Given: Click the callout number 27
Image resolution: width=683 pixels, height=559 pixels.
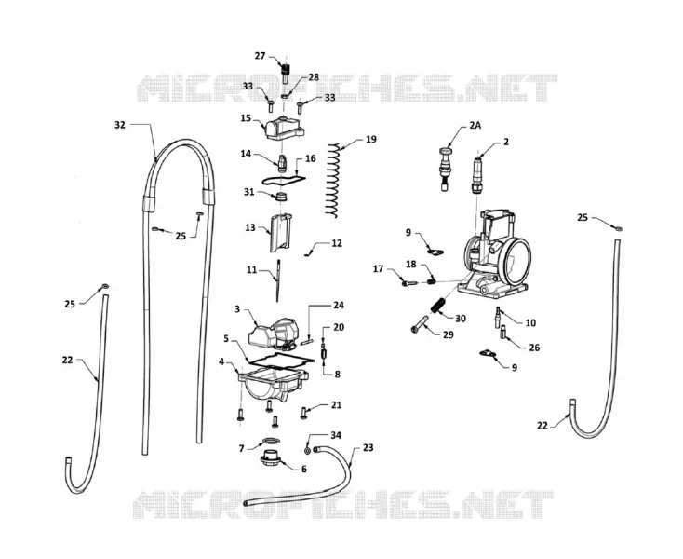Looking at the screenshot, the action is [260, 56].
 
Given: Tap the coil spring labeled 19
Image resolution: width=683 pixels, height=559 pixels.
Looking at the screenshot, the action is [333, 180].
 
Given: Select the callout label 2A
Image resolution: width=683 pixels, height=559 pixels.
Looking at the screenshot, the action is [475, 126].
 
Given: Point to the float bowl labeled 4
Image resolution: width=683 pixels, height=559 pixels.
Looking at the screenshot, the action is [273, 384].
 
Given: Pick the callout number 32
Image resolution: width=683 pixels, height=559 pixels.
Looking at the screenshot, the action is [120, 125].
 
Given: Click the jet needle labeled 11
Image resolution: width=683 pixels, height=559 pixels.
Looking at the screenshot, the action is [277, 280].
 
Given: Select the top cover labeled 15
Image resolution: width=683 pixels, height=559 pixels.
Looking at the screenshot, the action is [283, 128].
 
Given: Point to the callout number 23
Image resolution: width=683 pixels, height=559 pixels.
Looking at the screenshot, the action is [368, 448].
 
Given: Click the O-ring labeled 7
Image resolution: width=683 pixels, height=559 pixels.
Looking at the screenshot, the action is [271, 440].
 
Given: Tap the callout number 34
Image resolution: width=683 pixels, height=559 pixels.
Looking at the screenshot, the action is [336, 435].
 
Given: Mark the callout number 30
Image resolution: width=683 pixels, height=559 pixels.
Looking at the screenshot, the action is [461, 319].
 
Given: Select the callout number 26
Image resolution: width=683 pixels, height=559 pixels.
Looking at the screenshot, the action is [534, 348].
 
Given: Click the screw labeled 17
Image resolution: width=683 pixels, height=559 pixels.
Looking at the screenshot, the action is [409, 283].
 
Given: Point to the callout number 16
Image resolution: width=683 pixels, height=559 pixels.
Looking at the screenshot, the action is [310, 158].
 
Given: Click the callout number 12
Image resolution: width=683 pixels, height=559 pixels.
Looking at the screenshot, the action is [337, 243].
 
